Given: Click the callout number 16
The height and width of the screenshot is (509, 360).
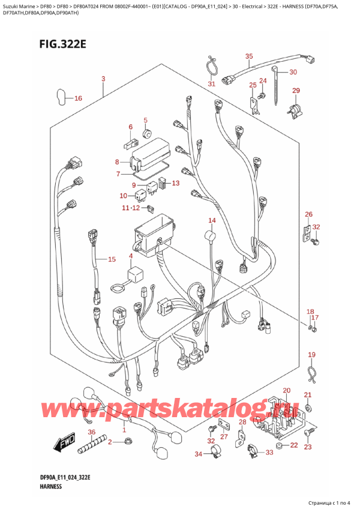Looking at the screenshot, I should (x=78, y=98).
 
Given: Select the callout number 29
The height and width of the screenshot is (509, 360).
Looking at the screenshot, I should (x=295, y=91).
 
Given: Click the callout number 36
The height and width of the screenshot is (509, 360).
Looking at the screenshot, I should (x=91, y=433).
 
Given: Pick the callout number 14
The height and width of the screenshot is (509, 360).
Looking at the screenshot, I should (x=212, y=221).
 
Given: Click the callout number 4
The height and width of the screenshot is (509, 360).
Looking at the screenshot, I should (x=130, y=257).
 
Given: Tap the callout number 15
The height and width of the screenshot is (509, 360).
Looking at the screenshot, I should (x=111, y=259).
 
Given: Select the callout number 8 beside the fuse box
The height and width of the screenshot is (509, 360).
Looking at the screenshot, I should (x=117, y=162).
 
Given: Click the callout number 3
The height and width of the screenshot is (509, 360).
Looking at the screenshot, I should (x=103, y=79).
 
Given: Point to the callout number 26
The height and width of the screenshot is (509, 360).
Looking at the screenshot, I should (x=308, y=215).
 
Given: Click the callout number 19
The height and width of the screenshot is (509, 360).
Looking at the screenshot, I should (x=311, y=355).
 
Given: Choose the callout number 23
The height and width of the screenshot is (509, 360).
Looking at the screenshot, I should (x=308, y=447).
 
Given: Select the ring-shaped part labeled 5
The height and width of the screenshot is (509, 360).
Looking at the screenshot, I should (x=146, y=131).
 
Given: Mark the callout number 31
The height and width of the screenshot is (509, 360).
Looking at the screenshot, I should (x=211, y=84).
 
